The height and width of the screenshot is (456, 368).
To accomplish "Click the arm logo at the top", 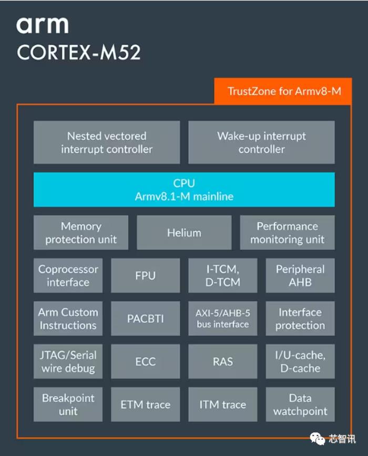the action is pos(43,25).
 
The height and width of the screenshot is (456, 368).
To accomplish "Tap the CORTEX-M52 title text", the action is pos(78,53).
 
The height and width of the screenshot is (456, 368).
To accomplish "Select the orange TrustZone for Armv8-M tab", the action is pos(283,91).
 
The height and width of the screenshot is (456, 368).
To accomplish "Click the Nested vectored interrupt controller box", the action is pos(107,142).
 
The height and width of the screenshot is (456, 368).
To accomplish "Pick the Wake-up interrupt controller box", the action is pos(261,142).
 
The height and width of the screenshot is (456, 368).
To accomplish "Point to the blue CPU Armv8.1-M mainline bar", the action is pos(184,190).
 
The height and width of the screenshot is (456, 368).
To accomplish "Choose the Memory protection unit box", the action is pos(81,233).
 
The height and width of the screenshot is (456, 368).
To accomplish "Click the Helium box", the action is pos(184,233).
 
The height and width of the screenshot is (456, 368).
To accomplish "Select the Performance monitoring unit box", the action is pos(288,233).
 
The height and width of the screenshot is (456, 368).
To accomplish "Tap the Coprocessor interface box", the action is pos(68,276).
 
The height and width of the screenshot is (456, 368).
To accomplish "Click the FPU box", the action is pos(146,276).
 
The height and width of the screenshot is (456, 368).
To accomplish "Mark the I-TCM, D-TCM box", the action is pos(223,276).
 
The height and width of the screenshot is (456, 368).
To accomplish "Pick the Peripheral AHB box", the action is pos(300,276).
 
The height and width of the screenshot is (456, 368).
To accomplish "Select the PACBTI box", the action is pos(146,319).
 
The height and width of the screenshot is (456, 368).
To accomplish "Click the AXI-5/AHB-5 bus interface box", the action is pos(223,319).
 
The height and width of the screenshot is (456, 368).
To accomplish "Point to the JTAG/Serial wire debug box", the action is pos(68,361).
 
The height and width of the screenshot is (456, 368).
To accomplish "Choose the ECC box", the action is pos(146,361).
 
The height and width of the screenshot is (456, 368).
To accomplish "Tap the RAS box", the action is pos(223,361).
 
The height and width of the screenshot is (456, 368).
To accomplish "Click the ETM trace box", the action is pos(146,405).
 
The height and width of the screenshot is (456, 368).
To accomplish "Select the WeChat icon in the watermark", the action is pos(318,439).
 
